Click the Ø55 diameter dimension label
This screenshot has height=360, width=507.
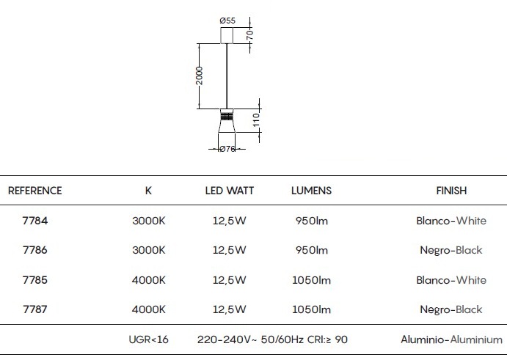tap(227, 21)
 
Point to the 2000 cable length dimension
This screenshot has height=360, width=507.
tap(200, 76)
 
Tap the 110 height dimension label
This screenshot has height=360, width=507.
tap(256, 120)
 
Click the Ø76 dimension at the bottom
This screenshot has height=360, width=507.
tap(227, 149)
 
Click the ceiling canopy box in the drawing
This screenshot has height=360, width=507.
tap(227, 35)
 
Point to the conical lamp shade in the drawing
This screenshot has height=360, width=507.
tap(227, 126)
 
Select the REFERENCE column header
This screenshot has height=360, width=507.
tap(35, 191)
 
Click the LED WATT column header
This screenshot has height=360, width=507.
tap(230, 191)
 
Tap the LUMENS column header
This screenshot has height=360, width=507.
tap(311, 191)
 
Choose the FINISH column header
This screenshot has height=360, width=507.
tap(451, 191)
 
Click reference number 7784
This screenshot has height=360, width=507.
tap(35, 221)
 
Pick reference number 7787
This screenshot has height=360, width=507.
tap(35, 309)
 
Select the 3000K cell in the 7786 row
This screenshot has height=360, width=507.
tap(149, 250)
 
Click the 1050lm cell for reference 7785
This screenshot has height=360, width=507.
tap(311, 280)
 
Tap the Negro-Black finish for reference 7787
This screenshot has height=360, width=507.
tap(451, 310)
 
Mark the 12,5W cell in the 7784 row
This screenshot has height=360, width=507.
tap(230, 221)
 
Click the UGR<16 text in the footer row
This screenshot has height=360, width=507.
tap(149, 339)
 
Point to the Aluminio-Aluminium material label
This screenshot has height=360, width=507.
tap(452, 339)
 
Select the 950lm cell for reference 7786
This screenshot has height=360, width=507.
tap(311, 250)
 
